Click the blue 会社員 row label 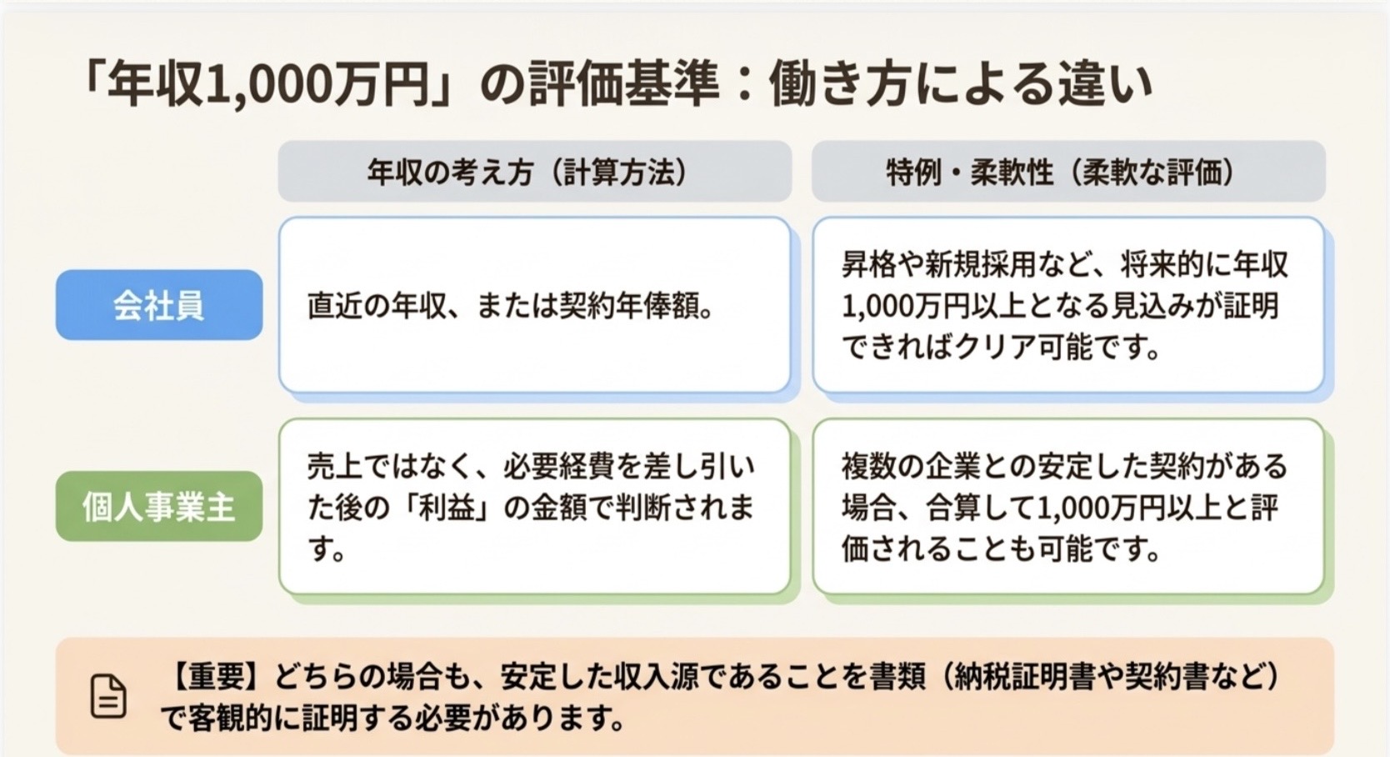tap(159, 305)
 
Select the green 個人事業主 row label tap(159, 506)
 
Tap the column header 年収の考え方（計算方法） tap(534, 172)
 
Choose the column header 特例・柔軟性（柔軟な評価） tap(1068, 172)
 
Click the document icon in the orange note tap(108, 697)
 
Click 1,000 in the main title tap(266, 86)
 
